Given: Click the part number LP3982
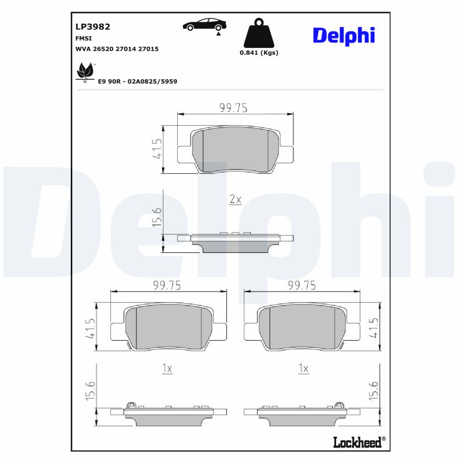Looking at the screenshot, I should pos(92,26).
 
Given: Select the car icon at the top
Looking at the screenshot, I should pos(204,25).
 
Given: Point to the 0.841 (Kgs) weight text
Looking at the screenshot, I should pos(259,53).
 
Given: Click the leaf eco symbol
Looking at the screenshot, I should pos(85,72).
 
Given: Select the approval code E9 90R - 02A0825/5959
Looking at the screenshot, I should pos(137,81).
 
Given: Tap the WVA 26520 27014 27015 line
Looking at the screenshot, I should pos(117,49).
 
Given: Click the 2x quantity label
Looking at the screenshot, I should pos(235,199).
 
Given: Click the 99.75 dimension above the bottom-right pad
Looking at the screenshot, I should pos(301,285).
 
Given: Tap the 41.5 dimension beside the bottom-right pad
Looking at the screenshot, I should pos(374,327).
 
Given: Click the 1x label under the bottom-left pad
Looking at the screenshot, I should pos(167,368).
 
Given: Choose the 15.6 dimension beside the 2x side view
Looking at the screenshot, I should pos(157,218).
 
